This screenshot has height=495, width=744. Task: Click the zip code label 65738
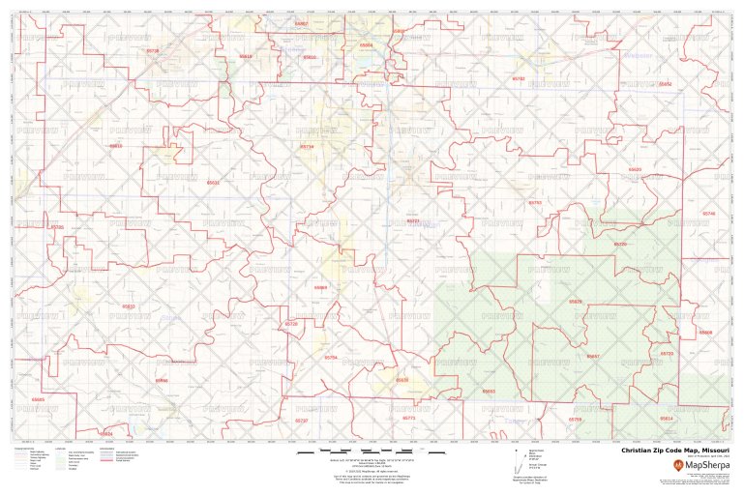(x=152, y=50)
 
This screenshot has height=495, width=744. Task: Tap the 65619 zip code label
(x=245, y=57)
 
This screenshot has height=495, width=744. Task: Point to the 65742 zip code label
(x=519, y=78)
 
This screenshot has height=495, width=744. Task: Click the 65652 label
(x=665, y=84)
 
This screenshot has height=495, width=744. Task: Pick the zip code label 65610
(x=310, y=57)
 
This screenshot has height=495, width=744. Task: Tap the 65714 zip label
(x=308, y=147)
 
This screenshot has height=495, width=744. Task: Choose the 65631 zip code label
(x=214, y=182)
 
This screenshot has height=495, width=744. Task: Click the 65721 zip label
(x=413, y=220)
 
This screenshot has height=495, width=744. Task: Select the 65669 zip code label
(x=320, y=287)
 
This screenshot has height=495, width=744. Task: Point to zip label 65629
(x=635, y=169)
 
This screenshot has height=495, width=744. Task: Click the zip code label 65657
(x=593, y=357)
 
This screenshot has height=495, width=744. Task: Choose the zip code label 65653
(x=489, y=392)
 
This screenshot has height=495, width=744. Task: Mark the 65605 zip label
(x=38, y=399)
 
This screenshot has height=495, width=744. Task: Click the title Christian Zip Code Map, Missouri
(x=675, y=451)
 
